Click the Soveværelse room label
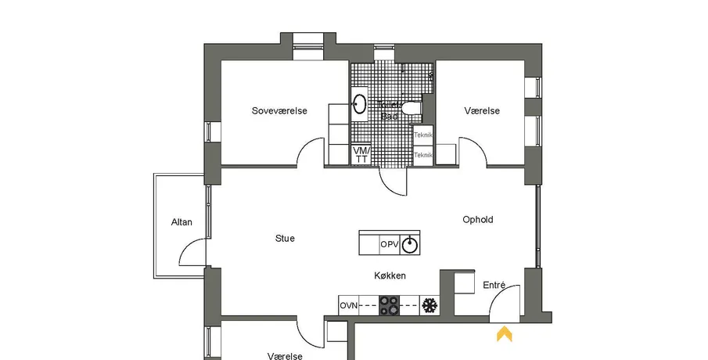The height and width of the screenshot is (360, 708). coord(279,111)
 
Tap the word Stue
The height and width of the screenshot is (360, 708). coord(285,239)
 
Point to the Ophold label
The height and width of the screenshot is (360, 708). coord(479,220)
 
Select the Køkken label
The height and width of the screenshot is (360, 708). coord(389,276)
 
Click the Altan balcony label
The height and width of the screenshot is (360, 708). coord(181,222)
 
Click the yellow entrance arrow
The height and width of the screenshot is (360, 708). coord(505,334)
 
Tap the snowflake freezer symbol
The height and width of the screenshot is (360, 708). coord(429,305)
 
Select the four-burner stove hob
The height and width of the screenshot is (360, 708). coord(390,305)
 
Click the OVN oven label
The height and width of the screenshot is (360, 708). coord(348,305)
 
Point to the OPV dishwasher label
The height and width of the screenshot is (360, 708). coord(390,244)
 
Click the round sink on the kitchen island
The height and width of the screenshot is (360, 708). coord(410,244)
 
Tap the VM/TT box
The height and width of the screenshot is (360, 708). coord(361,154)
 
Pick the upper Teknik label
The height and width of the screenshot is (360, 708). coord(423,135)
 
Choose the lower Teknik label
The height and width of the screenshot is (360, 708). coord(423,154)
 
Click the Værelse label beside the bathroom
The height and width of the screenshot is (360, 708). coord(482,111)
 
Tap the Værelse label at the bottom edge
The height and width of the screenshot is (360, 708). coord(285,355)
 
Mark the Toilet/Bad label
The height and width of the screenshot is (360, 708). coord(390,110)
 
